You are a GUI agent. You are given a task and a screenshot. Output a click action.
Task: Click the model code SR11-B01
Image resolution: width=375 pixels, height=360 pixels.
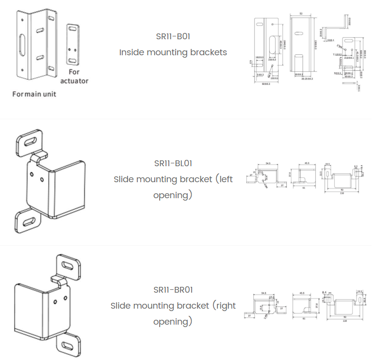click(x=173, y=36)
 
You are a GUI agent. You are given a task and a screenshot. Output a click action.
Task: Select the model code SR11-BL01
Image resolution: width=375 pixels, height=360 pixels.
click(x=173, y=163)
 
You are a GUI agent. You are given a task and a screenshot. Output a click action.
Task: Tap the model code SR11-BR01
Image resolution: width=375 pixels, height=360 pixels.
click(x=173, y=290)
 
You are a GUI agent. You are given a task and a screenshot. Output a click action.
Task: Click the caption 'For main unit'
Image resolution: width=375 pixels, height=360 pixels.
click(x=34, y=94)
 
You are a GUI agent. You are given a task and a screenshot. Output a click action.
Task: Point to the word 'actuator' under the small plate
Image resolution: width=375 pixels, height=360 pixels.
click(x=74, y=81)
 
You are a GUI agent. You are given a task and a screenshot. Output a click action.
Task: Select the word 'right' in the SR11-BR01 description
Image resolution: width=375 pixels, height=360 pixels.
click(x=224, y=306)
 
